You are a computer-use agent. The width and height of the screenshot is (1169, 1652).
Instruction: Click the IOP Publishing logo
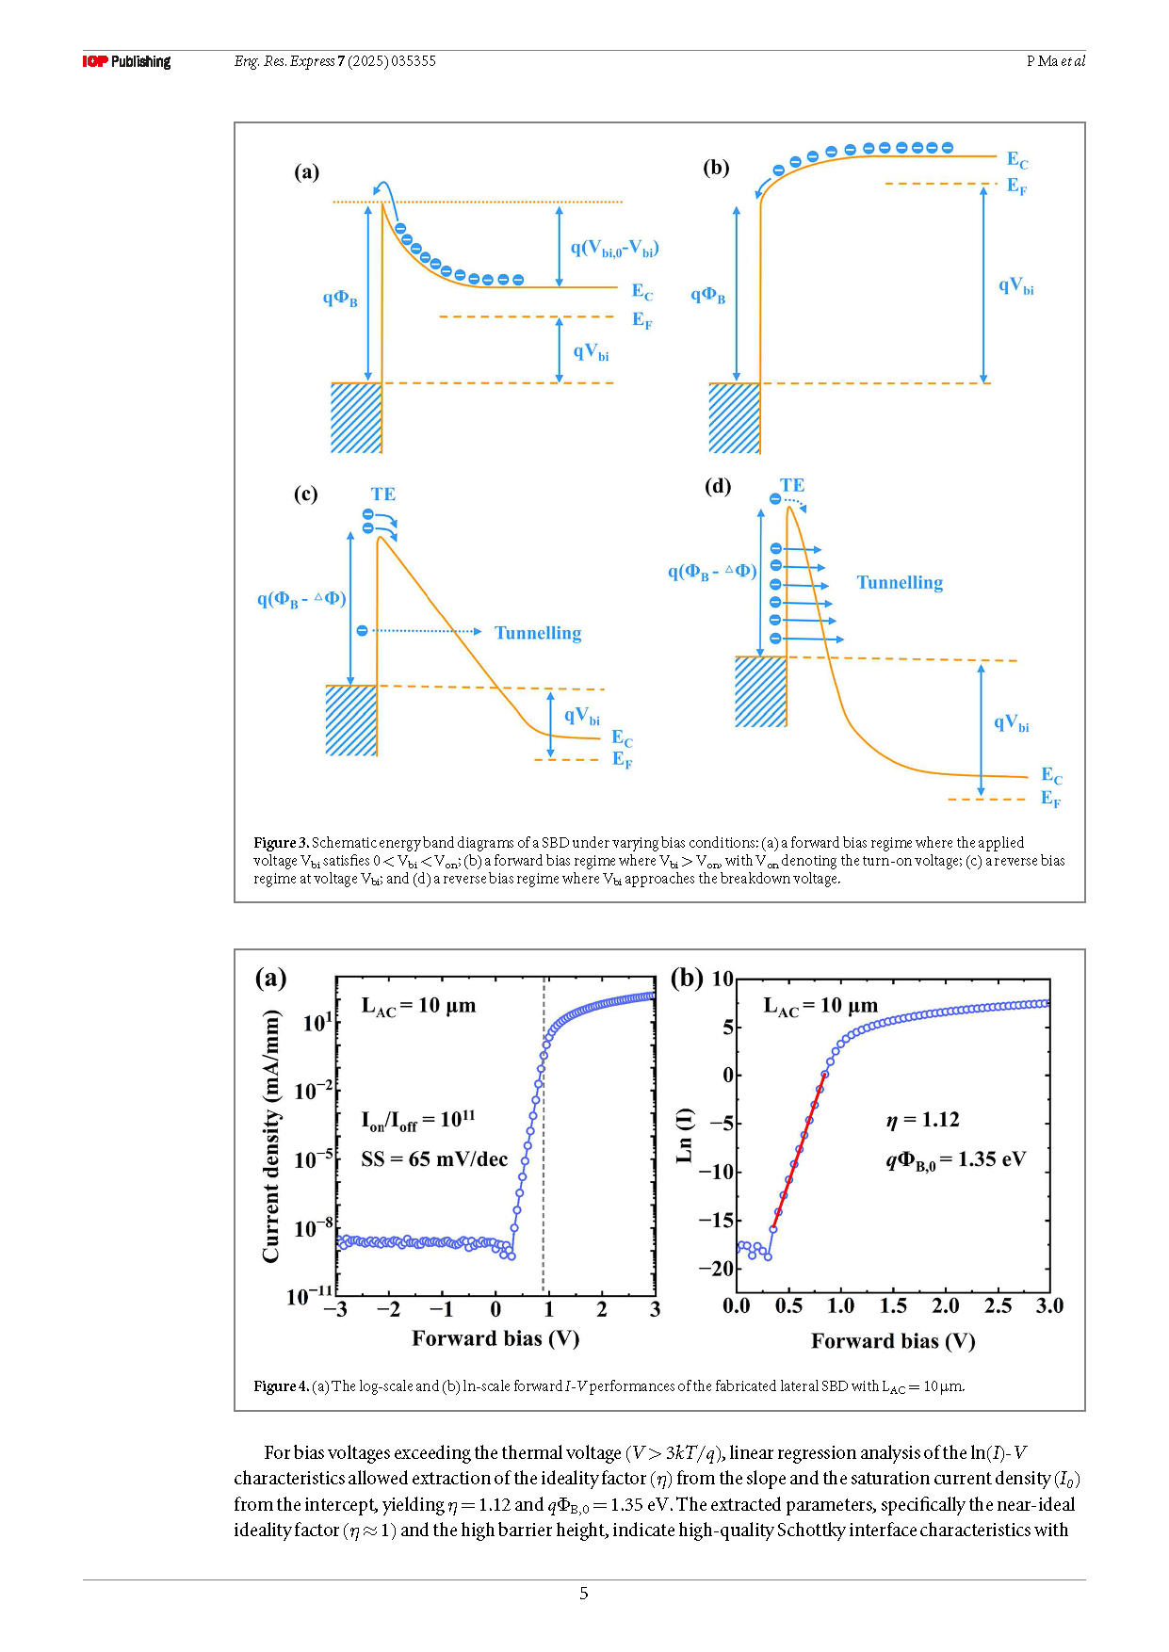click(x=126, y=61)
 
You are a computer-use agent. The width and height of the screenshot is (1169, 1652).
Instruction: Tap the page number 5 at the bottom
click(x=584, y=1594)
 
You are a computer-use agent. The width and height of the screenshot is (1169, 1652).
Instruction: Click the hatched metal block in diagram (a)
click(x=356, y=418)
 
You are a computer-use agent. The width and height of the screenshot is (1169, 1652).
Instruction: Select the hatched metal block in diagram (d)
click(x=760, y=692)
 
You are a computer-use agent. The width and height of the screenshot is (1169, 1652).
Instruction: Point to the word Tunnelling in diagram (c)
click(x=538, y=633)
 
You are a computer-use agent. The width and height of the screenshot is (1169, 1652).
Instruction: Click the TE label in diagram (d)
click(x=792, y=485)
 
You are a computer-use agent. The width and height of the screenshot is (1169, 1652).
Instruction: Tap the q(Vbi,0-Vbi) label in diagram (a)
click(x=614, y=249)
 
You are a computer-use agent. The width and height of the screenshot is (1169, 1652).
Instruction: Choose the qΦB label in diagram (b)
click(x=708, y=296)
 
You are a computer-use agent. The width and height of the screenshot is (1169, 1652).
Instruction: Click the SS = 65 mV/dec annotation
click(x=434, y=1159)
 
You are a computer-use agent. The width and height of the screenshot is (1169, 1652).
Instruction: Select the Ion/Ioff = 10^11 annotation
click(x=418, y=1120)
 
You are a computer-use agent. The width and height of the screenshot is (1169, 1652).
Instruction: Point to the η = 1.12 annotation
click(x=923, y=1120)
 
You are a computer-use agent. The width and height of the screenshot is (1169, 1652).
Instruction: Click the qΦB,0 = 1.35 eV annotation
click(x=955, y=1160)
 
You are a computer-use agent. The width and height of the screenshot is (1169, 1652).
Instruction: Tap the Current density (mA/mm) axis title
click(x=271, y=1136)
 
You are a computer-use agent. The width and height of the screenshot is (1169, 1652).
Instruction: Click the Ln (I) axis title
click(x=685, y=1135)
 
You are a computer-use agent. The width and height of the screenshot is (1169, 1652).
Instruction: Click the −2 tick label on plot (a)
click(x=388, y=1309)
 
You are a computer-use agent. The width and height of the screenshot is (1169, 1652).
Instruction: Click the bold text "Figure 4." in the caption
click(x=281, y=1386)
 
